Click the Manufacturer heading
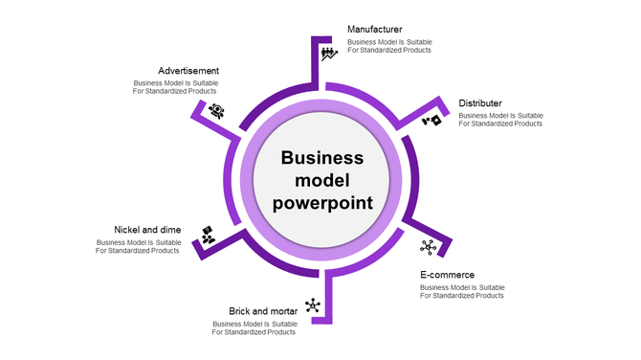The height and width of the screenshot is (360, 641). (374, 29)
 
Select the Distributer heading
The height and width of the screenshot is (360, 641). (479, 103)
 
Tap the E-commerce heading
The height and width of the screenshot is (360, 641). (447, 275)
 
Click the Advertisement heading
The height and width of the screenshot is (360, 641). (188, 71)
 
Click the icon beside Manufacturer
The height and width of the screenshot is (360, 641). (329, 53)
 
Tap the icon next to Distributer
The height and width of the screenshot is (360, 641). (433, 121)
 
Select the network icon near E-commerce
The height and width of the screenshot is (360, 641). (428, 247)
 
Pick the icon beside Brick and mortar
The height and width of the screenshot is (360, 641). (312, 306)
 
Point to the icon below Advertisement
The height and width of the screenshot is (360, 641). (216, 111)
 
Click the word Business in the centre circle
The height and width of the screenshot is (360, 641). (321, 158)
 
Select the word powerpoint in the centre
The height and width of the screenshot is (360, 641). (322, 202)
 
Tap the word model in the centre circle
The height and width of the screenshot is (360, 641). (322, 180)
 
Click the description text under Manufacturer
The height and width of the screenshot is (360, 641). (389, 46)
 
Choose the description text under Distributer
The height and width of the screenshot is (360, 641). (500, 120)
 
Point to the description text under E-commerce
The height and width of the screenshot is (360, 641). (462, 291)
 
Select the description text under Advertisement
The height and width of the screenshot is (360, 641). (175, 87)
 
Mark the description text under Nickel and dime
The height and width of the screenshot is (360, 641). (139, 246)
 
